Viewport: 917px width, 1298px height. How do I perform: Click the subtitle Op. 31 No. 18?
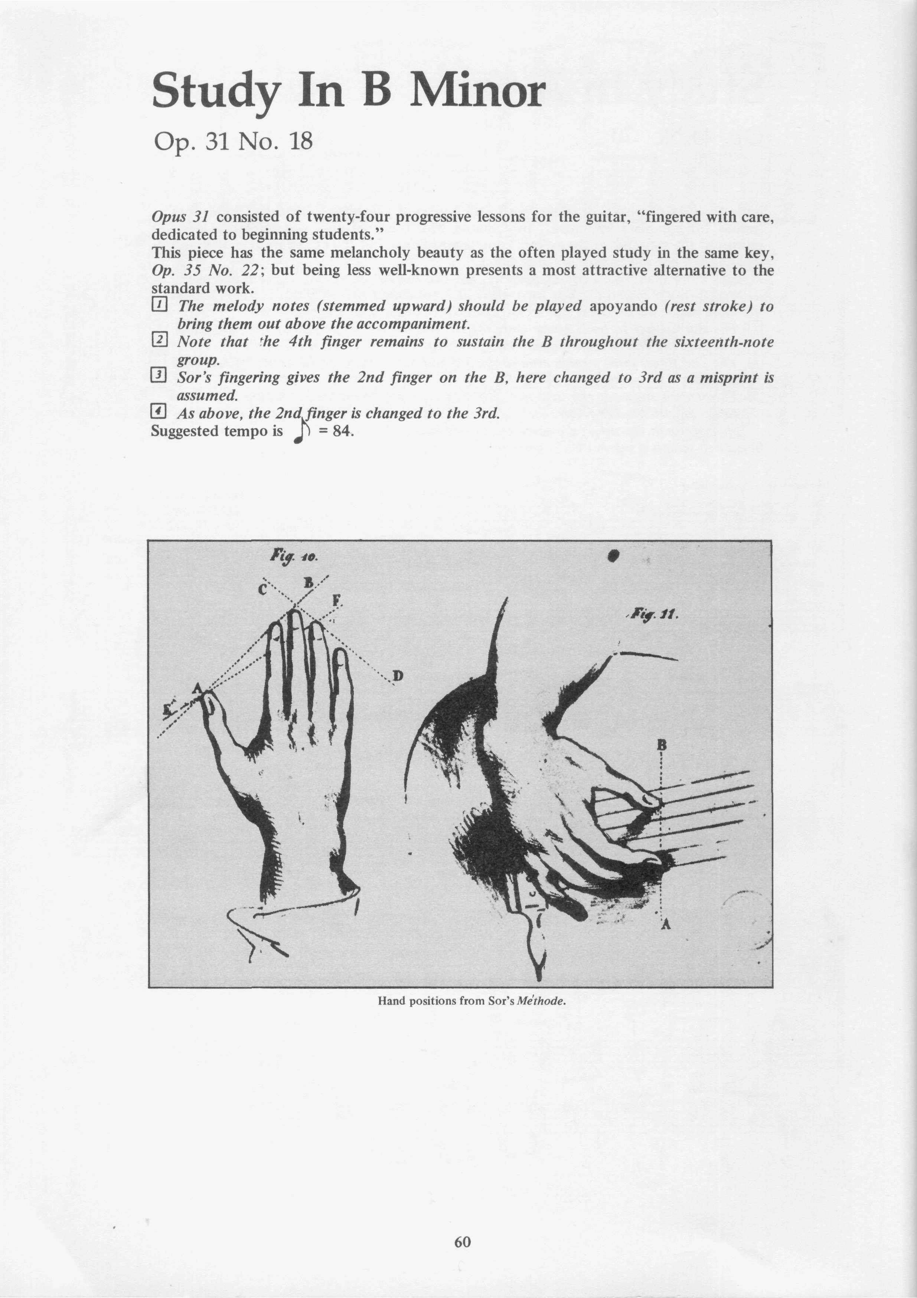point(232,141)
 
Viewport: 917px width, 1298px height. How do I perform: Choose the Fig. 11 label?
point(651,613)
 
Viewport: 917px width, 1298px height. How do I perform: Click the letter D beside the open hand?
point(398,676)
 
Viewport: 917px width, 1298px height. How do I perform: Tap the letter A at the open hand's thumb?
point(197,688)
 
